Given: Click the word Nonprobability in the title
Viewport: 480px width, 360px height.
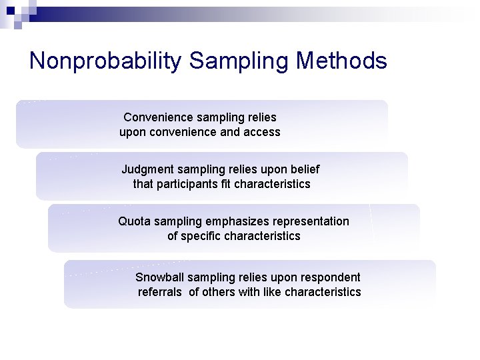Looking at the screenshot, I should [105, 61].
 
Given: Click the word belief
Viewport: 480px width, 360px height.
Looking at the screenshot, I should [305, 169].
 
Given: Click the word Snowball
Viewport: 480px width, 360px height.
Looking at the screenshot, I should [159, 277].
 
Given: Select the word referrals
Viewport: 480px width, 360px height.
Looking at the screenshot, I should [159, 292].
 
